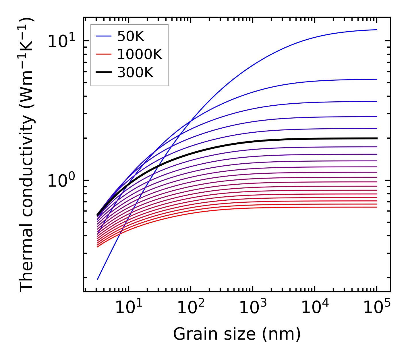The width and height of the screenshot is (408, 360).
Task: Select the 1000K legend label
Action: tap(140, 54)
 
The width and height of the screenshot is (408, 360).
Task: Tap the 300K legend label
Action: tap(135, 73)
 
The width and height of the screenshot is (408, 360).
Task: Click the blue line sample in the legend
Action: tap(103, 36)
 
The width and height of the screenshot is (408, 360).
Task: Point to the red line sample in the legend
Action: tap(103, 54)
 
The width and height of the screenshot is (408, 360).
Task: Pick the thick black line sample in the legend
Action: tap(103, 73)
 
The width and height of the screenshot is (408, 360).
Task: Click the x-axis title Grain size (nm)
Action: tap(237, 334)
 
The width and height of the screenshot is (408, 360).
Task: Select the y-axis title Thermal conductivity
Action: tap(27, 155)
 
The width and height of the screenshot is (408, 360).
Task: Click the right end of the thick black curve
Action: tap(376, 138)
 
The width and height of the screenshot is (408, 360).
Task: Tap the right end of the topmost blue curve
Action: tap(376, 30)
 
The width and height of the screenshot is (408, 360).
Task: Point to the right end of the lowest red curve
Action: tap(376, 207)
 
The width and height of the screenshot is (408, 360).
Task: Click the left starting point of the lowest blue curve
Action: tap(98, 279)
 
